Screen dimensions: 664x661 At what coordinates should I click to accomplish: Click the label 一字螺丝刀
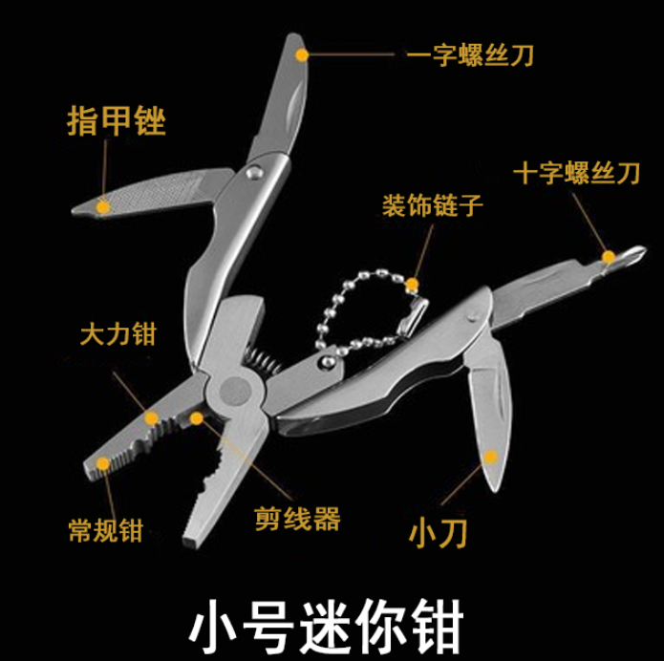tap(470, 54)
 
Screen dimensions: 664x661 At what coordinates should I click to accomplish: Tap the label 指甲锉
tap(117, 120)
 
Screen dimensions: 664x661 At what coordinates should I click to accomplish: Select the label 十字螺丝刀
tap(577, 173)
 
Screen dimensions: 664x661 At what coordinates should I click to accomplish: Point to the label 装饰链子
tap(433, 205)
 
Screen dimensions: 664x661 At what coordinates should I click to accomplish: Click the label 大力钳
tap(118, 334)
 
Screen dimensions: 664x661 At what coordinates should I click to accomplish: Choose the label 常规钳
tap(106, 530)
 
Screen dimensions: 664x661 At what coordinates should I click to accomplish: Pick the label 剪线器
tap(298, 519)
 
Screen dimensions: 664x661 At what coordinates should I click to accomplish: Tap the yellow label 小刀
tap(438, 534)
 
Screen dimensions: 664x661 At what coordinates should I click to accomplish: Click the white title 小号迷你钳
tap(327, 627)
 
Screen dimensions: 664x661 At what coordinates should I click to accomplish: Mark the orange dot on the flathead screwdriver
tap(302, 55)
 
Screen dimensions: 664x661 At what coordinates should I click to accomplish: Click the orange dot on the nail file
tap(103, 207)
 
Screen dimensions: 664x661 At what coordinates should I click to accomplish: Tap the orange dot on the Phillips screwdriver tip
tap(609, 257)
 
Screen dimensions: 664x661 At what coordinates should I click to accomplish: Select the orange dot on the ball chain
tap(412, 284)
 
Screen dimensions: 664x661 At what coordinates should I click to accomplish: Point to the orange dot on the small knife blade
tap(490, 457)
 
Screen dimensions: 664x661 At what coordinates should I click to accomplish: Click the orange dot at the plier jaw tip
tap(103, 463)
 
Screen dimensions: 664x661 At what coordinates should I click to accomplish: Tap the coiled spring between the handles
tap(262, 359)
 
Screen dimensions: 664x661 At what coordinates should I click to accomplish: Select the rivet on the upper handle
tap(254, 172)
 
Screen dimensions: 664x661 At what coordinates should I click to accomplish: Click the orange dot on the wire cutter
tap(196, 418)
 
